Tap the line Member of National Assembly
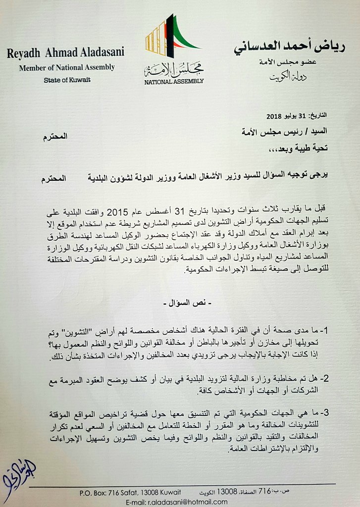pyautogui.click(x=67, y=67)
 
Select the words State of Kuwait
pyautogui.click(x=67, y=80)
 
